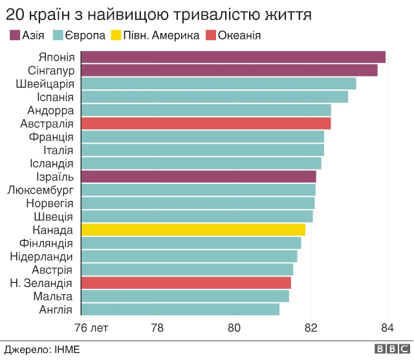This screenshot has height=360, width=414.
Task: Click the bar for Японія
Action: pos(233,57)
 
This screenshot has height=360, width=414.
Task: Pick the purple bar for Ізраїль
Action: pos(199,177)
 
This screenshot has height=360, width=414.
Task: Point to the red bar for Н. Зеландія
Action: pos(186,283)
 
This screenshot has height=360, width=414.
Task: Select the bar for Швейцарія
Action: pos(219,84)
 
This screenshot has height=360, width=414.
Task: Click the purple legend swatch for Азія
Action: pos(13,36)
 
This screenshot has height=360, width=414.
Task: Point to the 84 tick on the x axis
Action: pos(387,328)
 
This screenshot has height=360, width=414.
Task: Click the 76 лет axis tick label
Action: pos(91,328)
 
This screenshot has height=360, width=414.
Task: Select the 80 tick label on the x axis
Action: pos(234,328)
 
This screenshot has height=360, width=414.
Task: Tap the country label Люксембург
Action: pos(40,190)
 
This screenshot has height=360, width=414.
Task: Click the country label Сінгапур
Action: pos(51,71)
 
